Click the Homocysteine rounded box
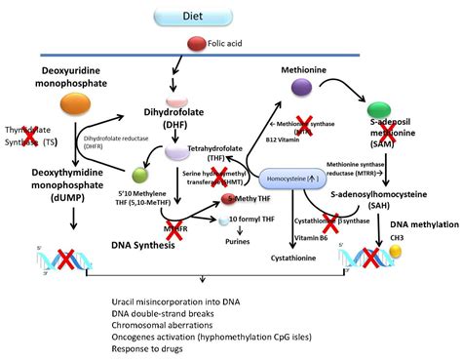point(293,178)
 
